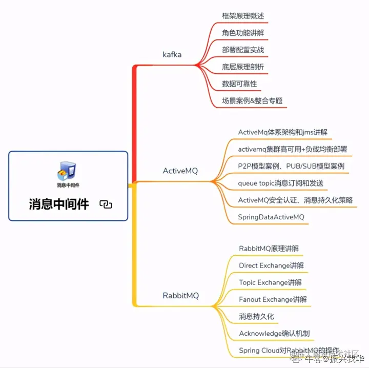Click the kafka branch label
pyautogui.click(x=172, y=54)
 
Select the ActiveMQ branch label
pyautogui.click(x=180, y=171)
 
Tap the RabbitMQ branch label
pyautogui.click(x=180, y=296)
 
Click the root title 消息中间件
pyautogui.click(x=59, y=205)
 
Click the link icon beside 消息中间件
pyautogui.click(x=106, y=205)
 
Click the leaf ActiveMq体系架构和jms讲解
pyautogui.click(x=282, y=132)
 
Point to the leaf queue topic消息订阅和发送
pyautogui.click(x=280, y=183)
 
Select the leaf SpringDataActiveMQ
pyautogui.click(x=271, y=217)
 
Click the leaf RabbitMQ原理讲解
pyautogui.click(x=269, y=249)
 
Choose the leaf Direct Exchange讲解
pyautogui.click(x=271, y=265)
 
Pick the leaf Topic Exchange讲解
pyautogui.click(x=270, y=282)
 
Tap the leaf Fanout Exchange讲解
pyautogui.click(x=273, y=299)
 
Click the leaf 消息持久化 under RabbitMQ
pyautogui.click(x=256, y=316)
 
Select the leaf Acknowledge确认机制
pyautogui.click(x=274, y=333)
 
